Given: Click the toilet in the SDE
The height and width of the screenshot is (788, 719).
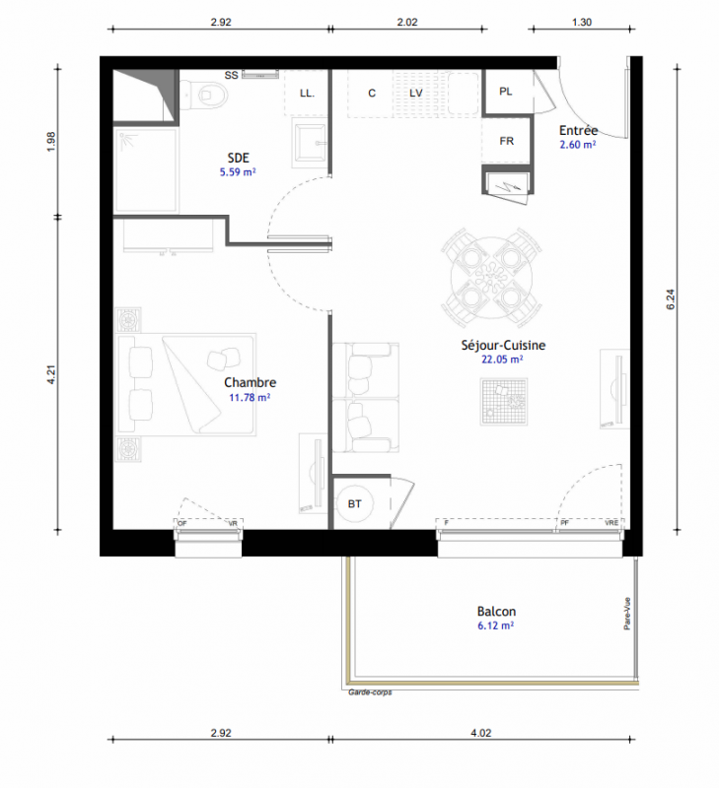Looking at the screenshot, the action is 204,94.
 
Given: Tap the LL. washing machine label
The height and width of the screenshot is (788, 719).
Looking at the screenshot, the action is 307,94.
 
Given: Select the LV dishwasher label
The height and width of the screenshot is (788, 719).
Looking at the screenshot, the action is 415,93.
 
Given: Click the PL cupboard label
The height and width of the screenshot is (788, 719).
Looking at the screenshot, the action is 506,92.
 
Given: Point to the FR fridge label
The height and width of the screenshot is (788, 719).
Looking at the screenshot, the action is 507,141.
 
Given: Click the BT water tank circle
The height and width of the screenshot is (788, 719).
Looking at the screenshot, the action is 354,503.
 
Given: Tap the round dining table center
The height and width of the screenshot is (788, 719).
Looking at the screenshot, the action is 491,278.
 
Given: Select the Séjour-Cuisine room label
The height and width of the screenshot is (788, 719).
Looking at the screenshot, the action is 503,346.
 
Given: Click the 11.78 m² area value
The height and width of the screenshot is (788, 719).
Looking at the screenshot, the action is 250,398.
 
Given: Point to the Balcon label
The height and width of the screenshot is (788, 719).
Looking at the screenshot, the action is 496,612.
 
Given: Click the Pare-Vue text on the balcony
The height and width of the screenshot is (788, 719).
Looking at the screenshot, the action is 627,613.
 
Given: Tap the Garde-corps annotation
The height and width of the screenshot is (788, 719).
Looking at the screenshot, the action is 370,692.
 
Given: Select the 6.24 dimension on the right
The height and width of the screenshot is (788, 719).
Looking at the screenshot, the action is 671,299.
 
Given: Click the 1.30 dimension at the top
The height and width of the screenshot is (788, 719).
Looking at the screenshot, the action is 582,22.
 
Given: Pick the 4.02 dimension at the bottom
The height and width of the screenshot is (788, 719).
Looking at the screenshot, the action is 481,733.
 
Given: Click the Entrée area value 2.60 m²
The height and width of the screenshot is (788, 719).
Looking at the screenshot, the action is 578,145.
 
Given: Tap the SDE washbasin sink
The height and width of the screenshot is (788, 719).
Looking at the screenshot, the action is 309,143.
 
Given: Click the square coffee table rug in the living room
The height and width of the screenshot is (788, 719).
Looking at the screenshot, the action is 504,402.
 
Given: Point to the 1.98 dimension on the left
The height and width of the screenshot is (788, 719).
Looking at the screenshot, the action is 51,142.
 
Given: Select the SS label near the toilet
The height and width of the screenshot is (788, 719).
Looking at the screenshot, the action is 231,76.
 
